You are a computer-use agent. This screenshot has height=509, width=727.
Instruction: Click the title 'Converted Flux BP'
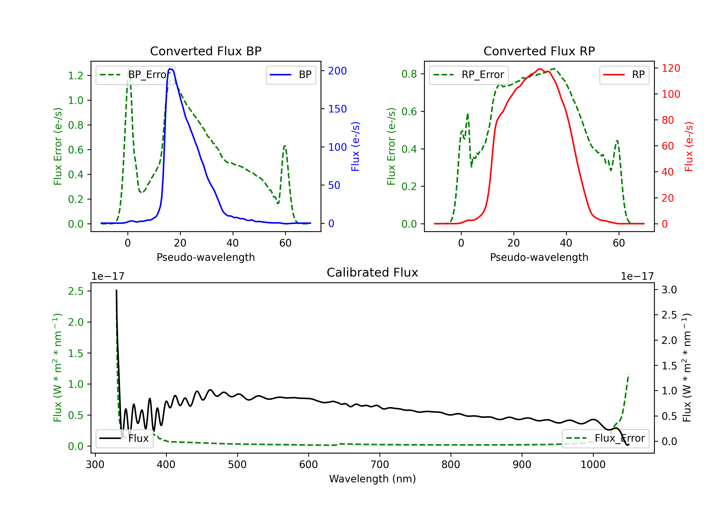pyautogui.click(x=205, y=51)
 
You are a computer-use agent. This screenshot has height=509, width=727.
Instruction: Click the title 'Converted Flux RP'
pyautogui.click(x=539, y=51)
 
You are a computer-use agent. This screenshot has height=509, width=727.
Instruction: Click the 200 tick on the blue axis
pyautogui.click(x=337, y=71)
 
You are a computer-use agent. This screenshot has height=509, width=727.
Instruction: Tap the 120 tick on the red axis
pyautogui.click(x=671, y=68)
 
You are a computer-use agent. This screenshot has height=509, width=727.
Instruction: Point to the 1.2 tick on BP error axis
pyautogui.click(x=76, y=76)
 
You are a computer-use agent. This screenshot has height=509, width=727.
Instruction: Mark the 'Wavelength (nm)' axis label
pyautogui.click(x=372, y=479)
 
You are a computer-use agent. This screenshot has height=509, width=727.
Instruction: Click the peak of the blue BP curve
pyautogui.click(x=170, y=69)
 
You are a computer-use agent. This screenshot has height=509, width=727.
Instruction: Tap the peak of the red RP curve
pyautogui.click(x=540, y=69)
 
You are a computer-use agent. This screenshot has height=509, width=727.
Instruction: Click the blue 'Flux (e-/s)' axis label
pyautogui.click(x=355, y=146)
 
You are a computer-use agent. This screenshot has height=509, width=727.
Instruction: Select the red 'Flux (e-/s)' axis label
pyautogui.click(x=689, y=146)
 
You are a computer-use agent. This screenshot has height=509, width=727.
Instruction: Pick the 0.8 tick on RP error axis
pyautogui.click(x=409, y=74)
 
